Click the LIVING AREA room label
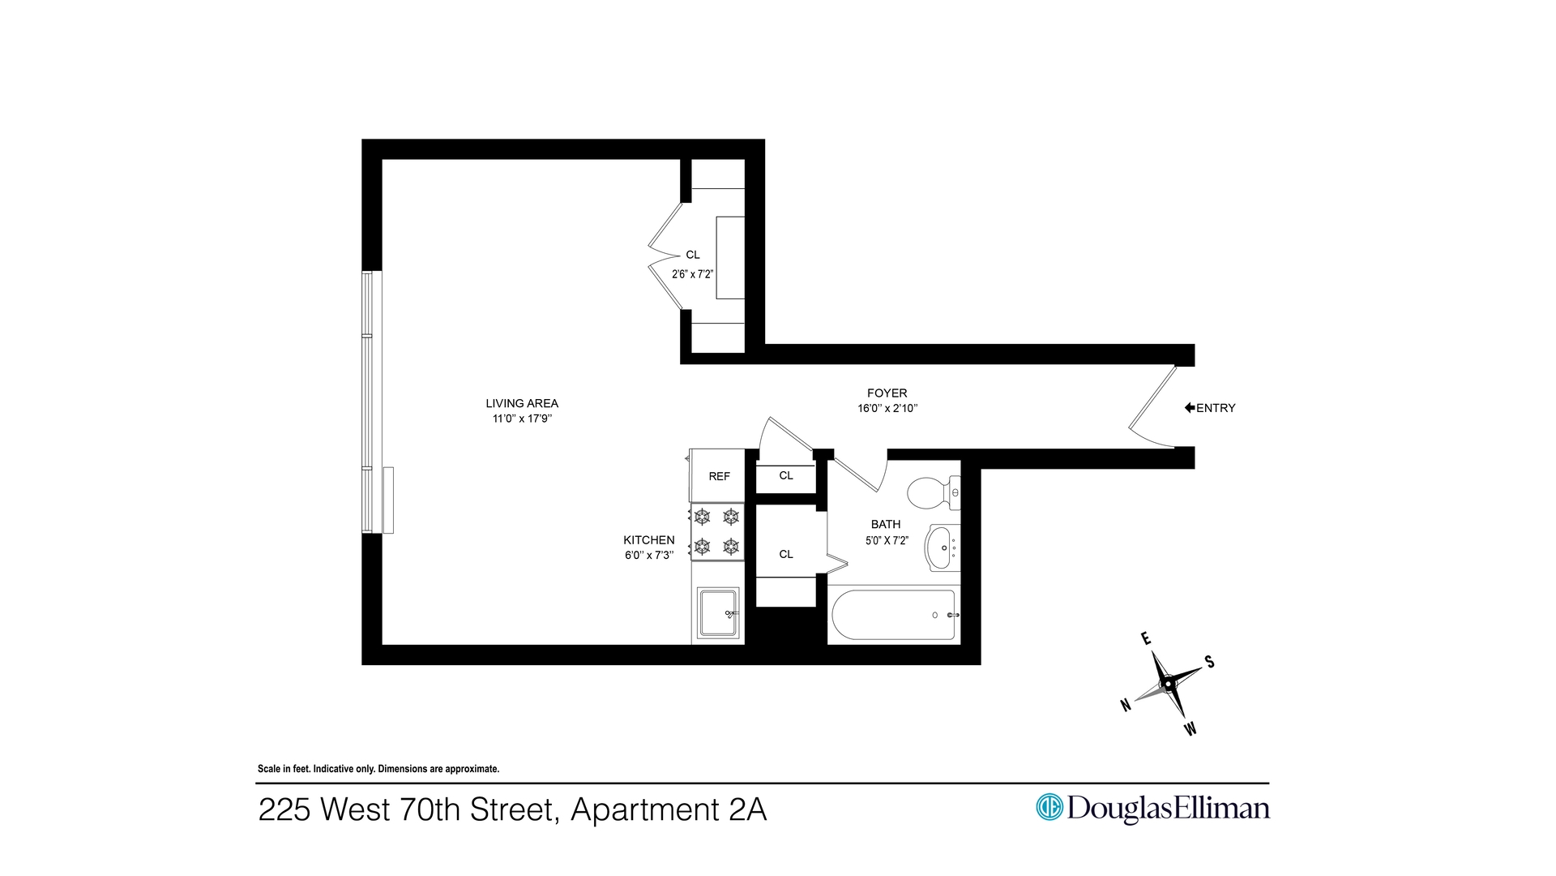tap(522, 403)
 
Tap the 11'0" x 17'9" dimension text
tap(522, 419)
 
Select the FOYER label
tap(887, 393)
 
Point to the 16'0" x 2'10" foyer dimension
tap(887, 408)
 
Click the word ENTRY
tap(1216, 408)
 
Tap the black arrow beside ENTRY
tap(1190, 408)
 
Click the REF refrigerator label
tap(719, 476)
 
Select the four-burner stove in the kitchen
tap(717, 531)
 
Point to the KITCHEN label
tap(648, 540)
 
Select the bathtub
tap(895, 615)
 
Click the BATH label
tap(886, 525)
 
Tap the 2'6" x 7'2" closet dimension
tap(692, 274)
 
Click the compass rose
tap(1168, 684)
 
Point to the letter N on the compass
tap(1126, 705)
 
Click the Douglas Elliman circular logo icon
tap(1049, 807)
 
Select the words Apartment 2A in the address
tap(669, 809)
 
